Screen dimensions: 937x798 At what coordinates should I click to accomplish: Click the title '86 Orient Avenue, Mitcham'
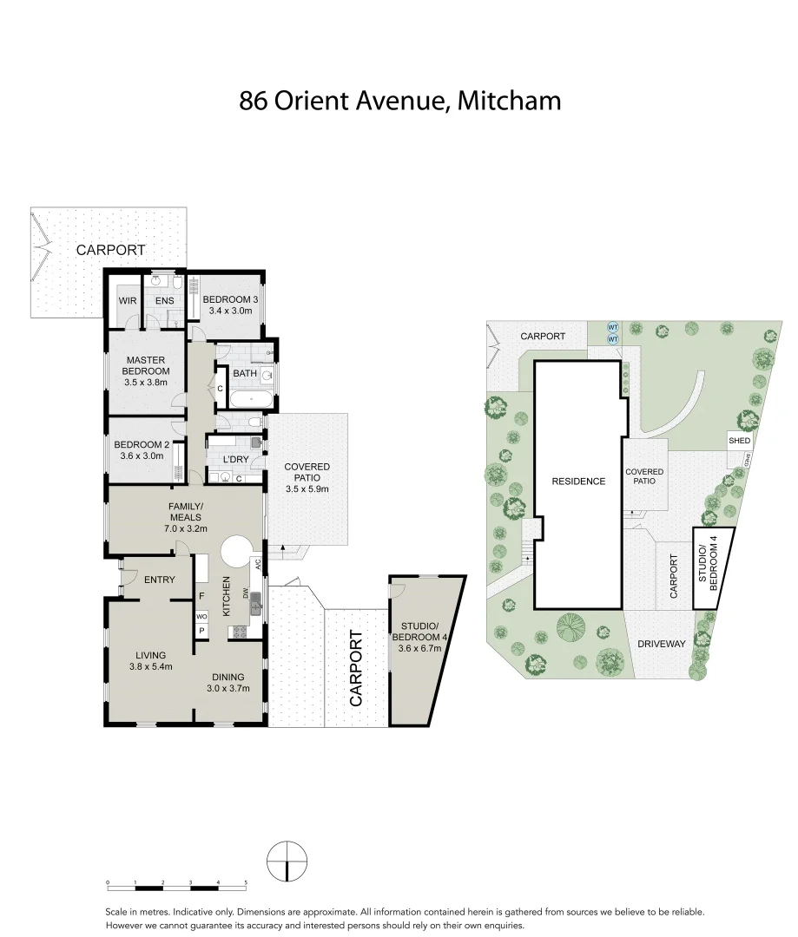pyautogui.click(x=399, y=102)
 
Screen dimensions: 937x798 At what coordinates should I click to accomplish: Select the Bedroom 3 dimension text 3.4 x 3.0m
pyautogui.click(x=227, y=311)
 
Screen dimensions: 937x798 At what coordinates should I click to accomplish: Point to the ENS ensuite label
pyautogui.click(x=165, y=301)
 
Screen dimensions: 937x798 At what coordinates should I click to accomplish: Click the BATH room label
pyautogui.click(x=244, y=374)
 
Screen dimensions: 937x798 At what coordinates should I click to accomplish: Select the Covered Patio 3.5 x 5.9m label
pyautogui.click(x=307, y=478)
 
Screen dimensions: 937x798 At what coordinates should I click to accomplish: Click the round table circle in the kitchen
pyautogui.click(x=236, y=552)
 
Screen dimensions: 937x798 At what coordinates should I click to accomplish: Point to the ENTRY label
pyautogui.click(x=160, y=580)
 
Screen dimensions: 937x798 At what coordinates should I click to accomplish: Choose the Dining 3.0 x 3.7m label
pyautogui.click(x=227, y=683)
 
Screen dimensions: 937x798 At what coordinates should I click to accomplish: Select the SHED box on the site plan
pyautogui.click(x=739, y=441)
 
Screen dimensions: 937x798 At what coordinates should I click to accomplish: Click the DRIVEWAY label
pyautogui.click(x=661, y=644)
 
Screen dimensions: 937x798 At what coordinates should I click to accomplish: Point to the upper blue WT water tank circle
pyautogui.click(x=612, y=327)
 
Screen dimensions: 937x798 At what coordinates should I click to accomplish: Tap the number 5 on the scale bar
pyautogui.click(x=247, y=881)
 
